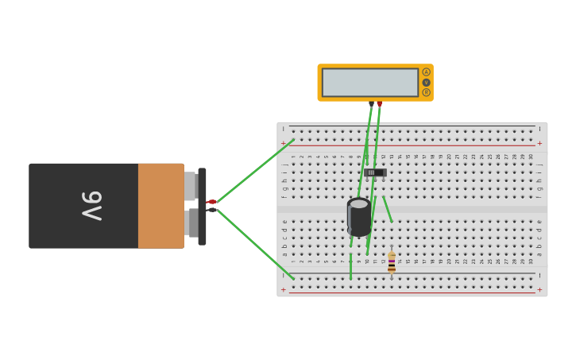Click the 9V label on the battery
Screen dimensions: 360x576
coord(92,206)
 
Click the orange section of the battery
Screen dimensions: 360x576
coord(160,206)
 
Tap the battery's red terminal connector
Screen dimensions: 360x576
coord(211,202)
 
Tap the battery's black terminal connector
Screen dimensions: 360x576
coord(211,210)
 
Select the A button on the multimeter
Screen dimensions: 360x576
coord(427,72)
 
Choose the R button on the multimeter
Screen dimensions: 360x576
coord(427,92)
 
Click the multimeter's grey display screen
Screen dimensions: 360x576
coord(370,83)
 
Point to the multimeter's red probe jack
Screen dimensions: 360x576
coord(380,103)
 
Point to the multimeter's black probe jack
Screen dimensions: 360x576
coord(371,103)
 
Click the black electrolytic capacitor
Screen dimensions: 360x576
coord(359,217)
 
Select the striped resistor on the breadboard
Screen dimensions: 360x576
coord(392,263)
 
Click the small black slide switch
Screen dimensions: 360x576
coord(375,172)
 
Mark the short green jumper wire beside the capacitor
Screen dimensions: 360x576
coord(388,209)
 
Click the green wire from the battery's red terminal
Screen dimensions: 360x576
coord(254,171)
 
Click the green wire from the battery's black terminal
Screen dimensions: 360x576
coord(254,244)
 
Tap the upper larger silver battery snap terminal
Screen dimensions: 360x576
coord(191,186)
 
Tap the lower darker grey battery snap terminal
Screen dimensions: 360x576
coord(191,223)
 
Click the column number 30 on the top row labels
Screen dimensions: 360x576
coord(531,157)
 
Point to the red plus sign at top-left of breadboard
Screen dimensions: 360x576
coord(283,144)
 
